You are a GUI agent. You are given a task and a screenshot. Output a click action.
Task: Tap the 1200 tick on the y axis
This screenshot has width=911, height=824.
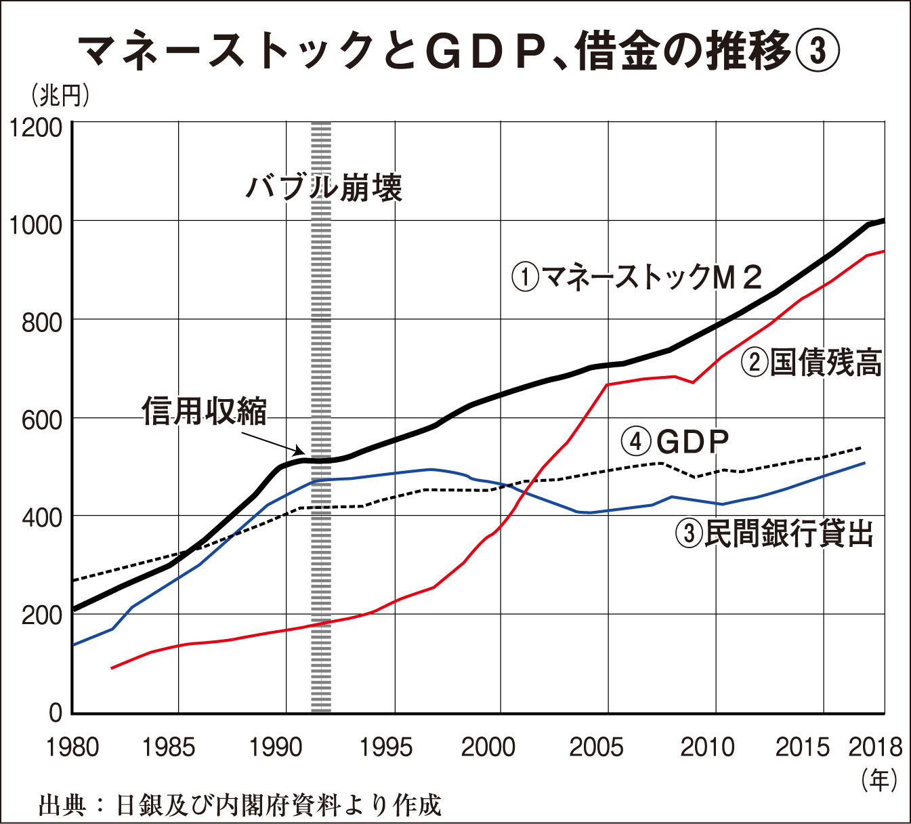click(36, 127)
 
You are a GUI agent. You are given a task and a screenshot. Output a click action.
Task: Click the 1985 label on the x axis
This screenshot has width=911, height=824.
click(169, 747)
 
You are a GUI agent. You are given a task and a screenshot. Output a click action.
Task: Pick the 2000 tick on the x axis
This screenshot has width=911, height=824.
click(488, 747)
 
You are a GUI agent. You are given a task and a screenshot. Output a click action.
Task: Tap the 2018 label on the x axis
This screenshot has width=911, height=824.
click(875, 747)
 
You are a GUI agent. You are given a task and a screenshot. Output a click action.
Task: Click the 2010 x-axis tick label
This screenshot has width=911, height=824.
click(707, 747)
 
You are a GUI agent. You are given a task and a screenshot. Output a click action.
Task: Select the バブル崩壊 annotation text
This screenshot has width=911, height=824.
click(324, 188)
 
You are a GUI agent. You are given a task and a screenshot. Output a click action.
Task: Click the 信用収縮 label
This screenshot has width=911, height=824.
click(205, 411)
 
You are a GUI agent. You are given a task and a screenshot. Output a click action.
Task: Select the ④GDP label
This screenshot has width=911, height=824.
click(675, 442)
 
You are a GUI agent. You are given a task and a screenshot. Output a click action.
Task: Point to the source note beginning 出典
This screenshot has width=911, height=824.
click(240, 806)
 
